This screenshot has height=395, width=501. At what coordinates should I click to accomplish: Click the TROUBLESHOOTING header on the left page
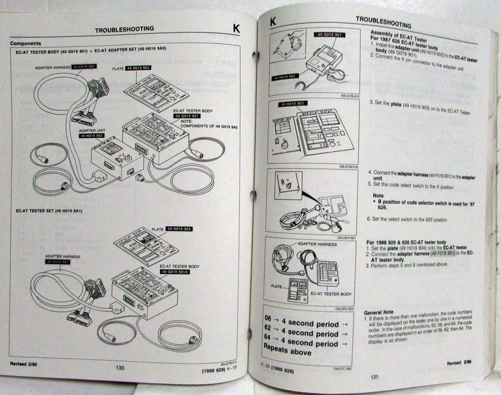(124, 30)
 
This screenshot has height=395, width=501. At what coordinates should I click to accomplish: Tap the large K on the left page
(236, 29)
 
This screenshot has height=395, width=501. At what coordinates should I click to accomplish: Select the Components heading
(26, 44)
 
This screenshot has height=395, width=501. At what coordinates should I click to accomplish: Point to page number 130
(120, 368)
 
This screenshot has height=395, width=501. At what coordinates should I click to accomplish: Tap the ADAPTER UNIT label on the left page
(91, 130)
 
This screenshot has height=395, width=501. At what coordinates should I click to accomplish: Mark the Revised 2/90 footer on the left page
(24, 363)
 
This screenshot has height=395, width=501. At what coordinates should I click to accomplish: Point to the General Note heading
(379, 311)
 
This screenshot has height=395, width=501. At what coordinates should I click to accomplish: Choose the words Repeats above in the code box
(287, 352)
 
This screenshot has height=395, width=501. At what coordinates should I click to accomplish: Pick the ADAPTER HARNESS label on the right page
(318, 244)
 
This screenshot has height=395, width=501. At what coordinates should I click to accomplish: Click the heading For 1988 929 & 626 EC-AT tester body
(406, 242)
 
